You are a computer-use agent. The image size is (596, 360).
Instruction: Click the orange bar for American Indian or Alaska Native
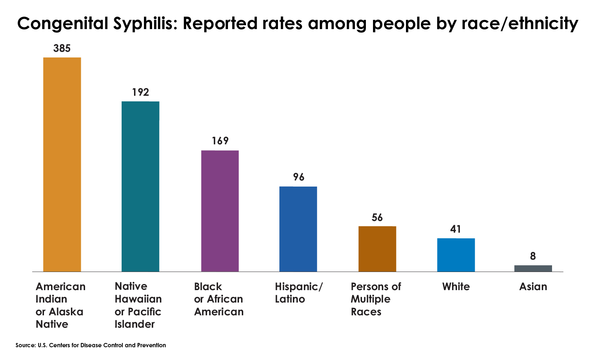(62, 165)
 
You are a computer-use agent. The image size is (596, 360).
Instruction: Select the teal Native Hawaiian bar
(140, 187)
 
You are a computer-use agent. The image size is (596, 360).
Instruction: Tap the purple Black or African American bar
(220, 211)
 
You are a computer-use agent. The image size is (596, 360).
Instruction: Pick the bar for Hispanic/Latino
(298, 229)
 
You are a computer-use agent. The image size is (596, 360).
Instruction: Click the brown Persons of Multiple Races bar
(377, 249)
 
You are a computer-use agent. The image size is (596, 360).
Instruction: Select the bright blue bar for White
(456, 255)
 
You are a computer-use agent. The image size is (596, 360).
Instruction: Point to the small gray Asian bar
(533, 268)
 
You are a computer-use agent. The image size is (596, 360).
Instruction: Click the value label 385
(62, 49)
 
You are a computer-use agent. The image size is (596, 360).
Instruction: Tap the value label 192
(140, 93)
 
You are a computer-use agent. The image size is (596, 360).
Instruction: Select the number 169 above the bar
(220, 141)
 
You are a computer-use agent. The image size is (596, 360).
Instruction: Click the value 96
(299, 177)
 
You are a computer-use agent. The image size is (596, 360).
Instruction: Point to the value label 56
(377, 217)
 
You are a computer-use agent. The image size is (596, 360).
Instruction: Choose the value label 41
(456, 229)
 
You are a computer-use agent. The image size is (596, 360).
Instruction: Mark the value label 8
(533, 256)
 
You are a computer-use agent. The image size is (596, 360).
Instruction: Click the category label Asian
(533, 287)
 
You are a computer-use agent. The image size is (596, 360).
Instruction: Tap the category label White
(456, 287)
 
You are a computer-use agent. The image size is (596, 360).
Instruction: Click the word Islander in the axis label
(135, 324)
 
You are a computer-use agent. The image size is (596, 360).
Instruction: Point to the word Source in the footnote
(25, 345)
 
